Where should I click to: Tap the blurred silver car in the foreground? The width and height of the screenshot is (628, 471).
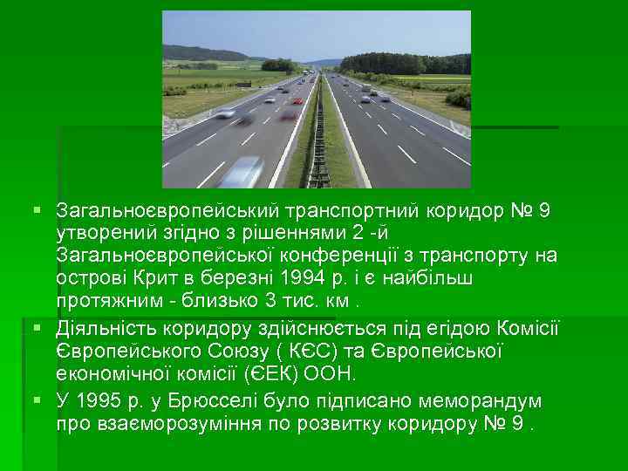(x=242, y=171)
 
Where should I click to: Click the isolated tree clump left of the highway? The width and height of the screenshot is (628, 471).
(x=278, y=65)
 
